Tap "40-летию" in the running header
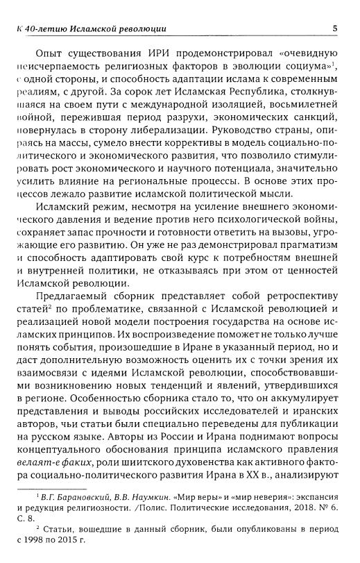tap(46, 29)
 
